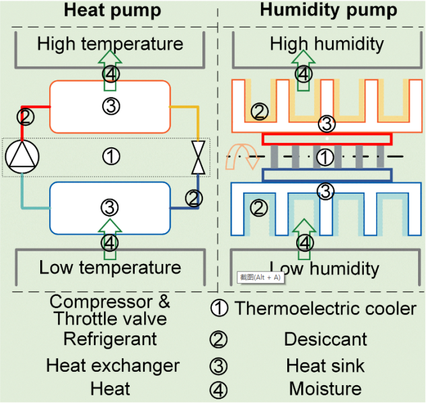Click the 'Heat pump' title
pyautogui.click(x=112, y=10)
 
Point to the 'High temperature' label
pyautogui.click(x=110, y=44)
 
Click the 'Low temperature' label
pyautogui.click(x=110, y=267)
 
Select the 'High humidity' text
pyautogui.click(x=327, y=44)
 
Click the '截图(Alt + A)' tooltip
pyautogui.click(x=260, y=277)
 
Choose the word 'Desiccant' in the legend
pyautogui.click(x=326, y=339)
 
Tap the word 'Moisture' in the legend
pyautogui.click(x=326, y=388)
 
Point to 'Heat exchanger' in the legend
pyautogui.click(x=112, y=365)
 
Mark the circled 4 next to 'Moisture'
pyautogui.click(x=219, y=389)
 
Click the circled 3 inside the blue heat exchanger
pyautogui.click(x=110, y=207)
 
